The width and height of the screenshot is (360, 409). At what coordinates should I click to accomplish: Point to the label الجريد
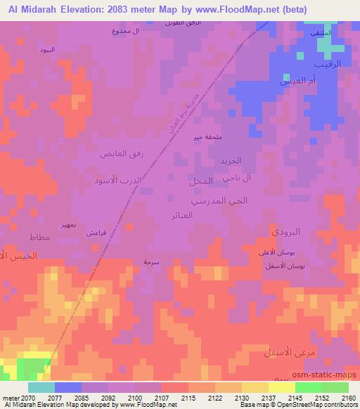tap(229, 160)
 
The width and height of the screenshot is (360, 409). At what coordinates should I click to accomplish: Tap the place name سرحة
tap(151, 261)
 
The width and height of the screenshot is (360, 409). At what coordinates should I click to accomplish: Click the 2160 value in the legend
tap(347, 398)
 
